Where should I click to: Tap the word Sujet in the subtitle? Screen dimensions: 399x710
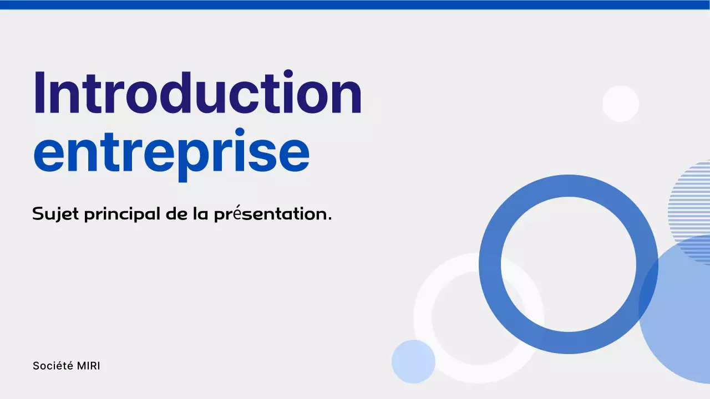[55, 214]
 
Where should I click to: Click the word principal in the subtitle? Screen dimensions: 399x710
[121, 214]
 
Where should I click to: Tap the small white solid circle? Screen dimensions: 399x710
[621, 104]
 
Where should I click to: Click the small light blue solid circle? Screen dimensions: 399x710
[413, 361]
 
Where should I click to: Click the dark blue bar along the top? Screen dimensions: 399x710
[355, 4]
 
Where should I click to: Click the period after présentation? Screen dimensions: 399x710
[329, 218]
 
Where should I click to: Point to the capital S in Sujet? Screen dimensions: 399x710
[38, 213]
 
